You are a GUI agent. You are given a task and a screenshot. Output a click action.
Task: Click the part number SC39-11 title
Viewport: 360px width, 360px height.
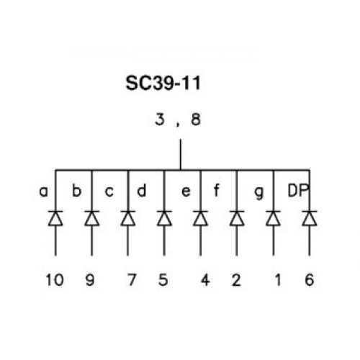coord(163,83)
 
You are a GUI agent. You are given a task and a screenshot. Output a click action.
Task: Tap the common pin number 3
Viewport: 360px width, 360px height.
coord(160,120)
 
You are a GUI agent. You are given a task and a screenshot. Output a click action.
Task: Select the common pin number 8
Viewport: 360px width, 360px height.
coord(196,120)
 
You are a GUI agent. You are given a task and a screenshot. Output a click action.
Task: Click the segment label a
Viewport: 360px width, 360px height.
coord(43,192)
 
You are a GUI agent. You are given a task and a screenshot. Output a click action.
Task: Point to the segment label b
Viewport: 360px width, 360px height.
coord(77,191)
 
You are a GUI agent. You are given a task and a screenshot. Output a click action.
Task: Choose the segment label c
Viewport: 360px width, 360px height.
coord(109,192)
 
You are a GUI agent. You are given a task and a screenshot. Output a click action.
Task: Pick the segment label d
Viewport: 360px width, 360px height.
coord(142,191)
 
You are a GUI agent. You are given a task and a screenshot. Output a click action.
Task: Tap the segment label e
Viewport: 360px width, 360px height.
coord(186,192)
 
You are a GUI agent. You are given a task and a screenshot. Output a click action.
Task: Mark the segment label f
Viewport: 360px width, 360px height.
coord(216,191)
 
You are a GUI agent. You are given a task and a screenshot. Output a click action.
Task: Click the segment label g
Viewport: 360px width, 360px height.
coord(259,194)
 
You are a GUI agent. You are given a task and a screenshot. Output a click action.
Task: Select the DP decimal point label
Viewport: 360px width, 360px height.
coord(298,191)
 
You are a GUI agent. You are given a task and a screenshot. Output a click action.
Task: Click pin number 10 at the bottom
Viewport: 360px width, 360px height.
coord(55,280)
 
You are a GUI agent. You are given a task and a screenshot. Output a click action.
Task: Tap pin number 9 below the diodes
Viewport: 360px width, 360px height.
coord(90,280)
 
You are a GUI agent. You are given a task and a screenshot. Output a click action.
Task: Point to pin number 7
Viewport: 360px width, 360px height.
coord(132,280)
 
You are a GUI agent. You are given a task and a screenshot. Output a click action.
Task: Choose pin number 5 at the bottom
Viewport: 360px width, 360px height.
coord(163,280)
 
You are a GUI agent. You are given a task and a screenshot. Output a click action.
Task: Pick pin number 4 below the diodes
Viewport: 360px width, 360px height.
coord(205,280)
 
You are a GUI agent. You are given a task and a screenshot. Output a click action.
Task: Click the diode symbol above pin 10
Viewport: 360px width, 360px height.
coord(55,218)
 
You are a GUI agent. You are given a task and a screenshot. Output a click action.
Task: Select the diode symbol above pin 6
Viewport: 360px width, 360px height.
coord(310,218)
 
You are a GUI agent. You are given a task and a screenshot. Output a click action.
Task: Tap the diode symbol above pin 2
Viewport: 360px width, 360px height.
coord(237,218)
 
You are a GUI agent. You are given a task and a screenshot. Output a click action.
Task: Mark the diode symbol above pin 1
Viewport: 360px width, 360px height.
coord(274,218)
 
